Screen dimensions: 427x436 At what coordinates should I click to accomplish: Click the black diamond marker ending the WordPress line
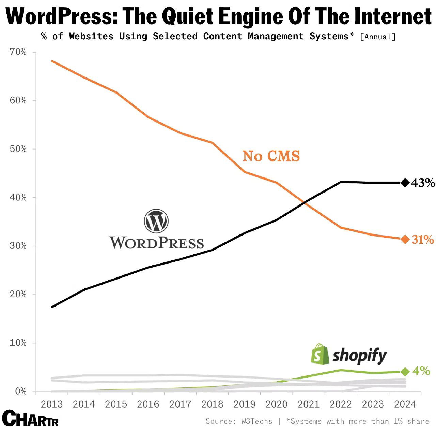pos(405,183)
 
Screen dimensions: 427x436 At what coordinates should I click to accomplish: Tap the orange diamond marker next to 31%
pos(405,239)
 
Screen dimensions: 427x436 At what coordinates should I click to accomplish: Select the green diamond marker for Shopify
pos(405,371)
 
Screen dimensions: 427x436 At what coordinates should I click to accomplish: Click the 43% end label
pos(423,183)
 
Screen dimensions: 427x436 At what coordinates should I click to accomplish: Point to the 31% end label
pos(423,240)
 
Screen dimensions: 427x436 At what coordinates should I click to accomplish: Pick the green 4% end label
pos(422,371)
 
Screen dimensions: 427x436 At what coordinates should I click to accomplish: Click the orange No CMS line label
pos(271,156)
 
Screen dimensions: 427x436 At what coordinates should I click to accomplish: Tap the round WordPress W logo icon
pos(156,221)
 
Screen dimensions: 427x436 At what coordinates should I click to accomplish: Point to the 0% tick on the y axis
pos(20,392)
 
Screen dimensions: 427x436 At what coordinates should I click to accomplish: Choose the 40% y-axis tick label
pos(18,198)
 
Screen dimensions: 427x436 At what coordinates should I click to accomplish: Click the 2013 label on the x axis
pos(52,404)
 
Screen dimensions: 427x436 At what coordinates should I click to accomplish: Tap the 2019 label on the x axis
pos(244,404)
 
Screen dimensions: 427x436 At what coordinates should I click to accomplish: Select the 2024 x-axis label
pos(405,404)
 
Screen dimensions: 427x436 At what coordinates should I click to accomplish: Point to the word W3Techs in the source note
pos(257,421)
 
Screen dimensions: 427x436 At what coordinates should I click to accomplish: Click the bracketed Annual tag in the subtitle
pos(378,37)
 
